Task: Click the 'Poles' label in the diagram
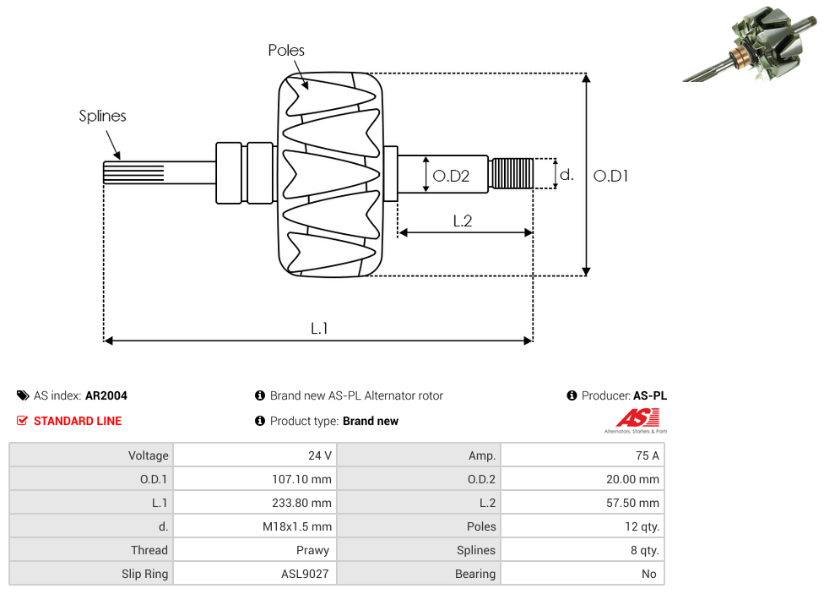click(286, 50)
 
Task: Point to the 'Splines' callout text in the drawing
click(102, 116)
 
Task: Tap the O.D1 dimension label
click(610, 176)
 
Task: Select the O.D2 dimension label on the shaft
click(451, 176)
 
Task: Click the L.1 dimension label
click(319, 329)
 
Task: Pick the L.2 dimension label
click(463, 221)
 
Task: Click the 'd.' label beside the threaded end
click(566, 175)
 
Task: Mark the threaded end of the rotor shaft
click(511, 173)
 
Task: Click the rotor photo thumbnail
click(750, 44)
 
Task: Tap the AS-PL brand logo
click(637, 421)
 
